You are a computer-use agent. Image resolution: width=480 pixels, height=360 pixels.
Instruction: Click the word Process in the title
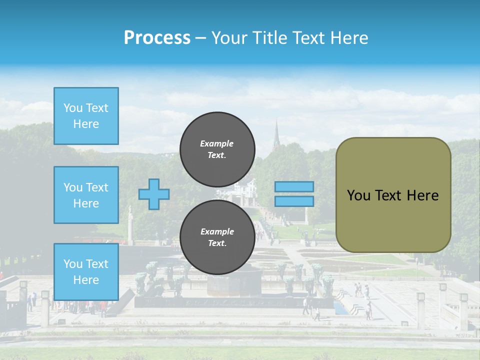coord(157,37)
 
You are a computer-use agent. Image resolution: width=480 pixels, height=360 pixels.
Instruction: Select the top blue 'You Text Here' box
coord(86,116)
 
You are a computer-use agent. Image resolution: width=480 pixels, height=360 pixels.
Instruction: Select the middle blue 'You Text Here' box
coord(86,195)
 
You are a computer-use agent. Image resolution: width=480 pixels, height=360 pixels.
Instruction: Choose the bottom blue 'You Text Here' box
coord(86,272)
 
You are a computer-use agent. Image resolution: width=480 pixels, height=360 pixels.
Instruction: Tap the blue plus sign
coord(154,194)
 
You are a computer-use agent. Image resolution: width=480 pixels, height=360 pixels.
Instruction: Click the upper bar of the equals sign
coord(294,186)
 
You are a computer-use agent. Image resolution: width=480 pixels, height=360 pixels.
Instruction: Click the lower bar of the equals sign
coord(294,201)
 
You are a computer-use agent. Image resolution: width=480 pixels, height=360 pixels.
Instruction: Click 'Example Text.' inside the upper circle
coord(217,149)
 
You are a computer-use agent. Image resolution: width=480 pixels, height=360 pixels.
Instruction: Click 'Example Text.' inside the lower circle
coord(217,237)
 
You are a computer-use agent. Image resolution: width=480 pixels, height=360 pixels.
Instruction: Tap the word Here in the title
coord(349,37)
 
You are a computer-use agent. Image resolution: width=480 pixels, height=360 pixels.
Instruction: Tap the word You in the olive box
coord(358,195)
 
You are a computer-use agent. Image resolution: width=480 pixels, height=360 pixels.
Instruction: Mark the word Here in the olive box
coord(422,195)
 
